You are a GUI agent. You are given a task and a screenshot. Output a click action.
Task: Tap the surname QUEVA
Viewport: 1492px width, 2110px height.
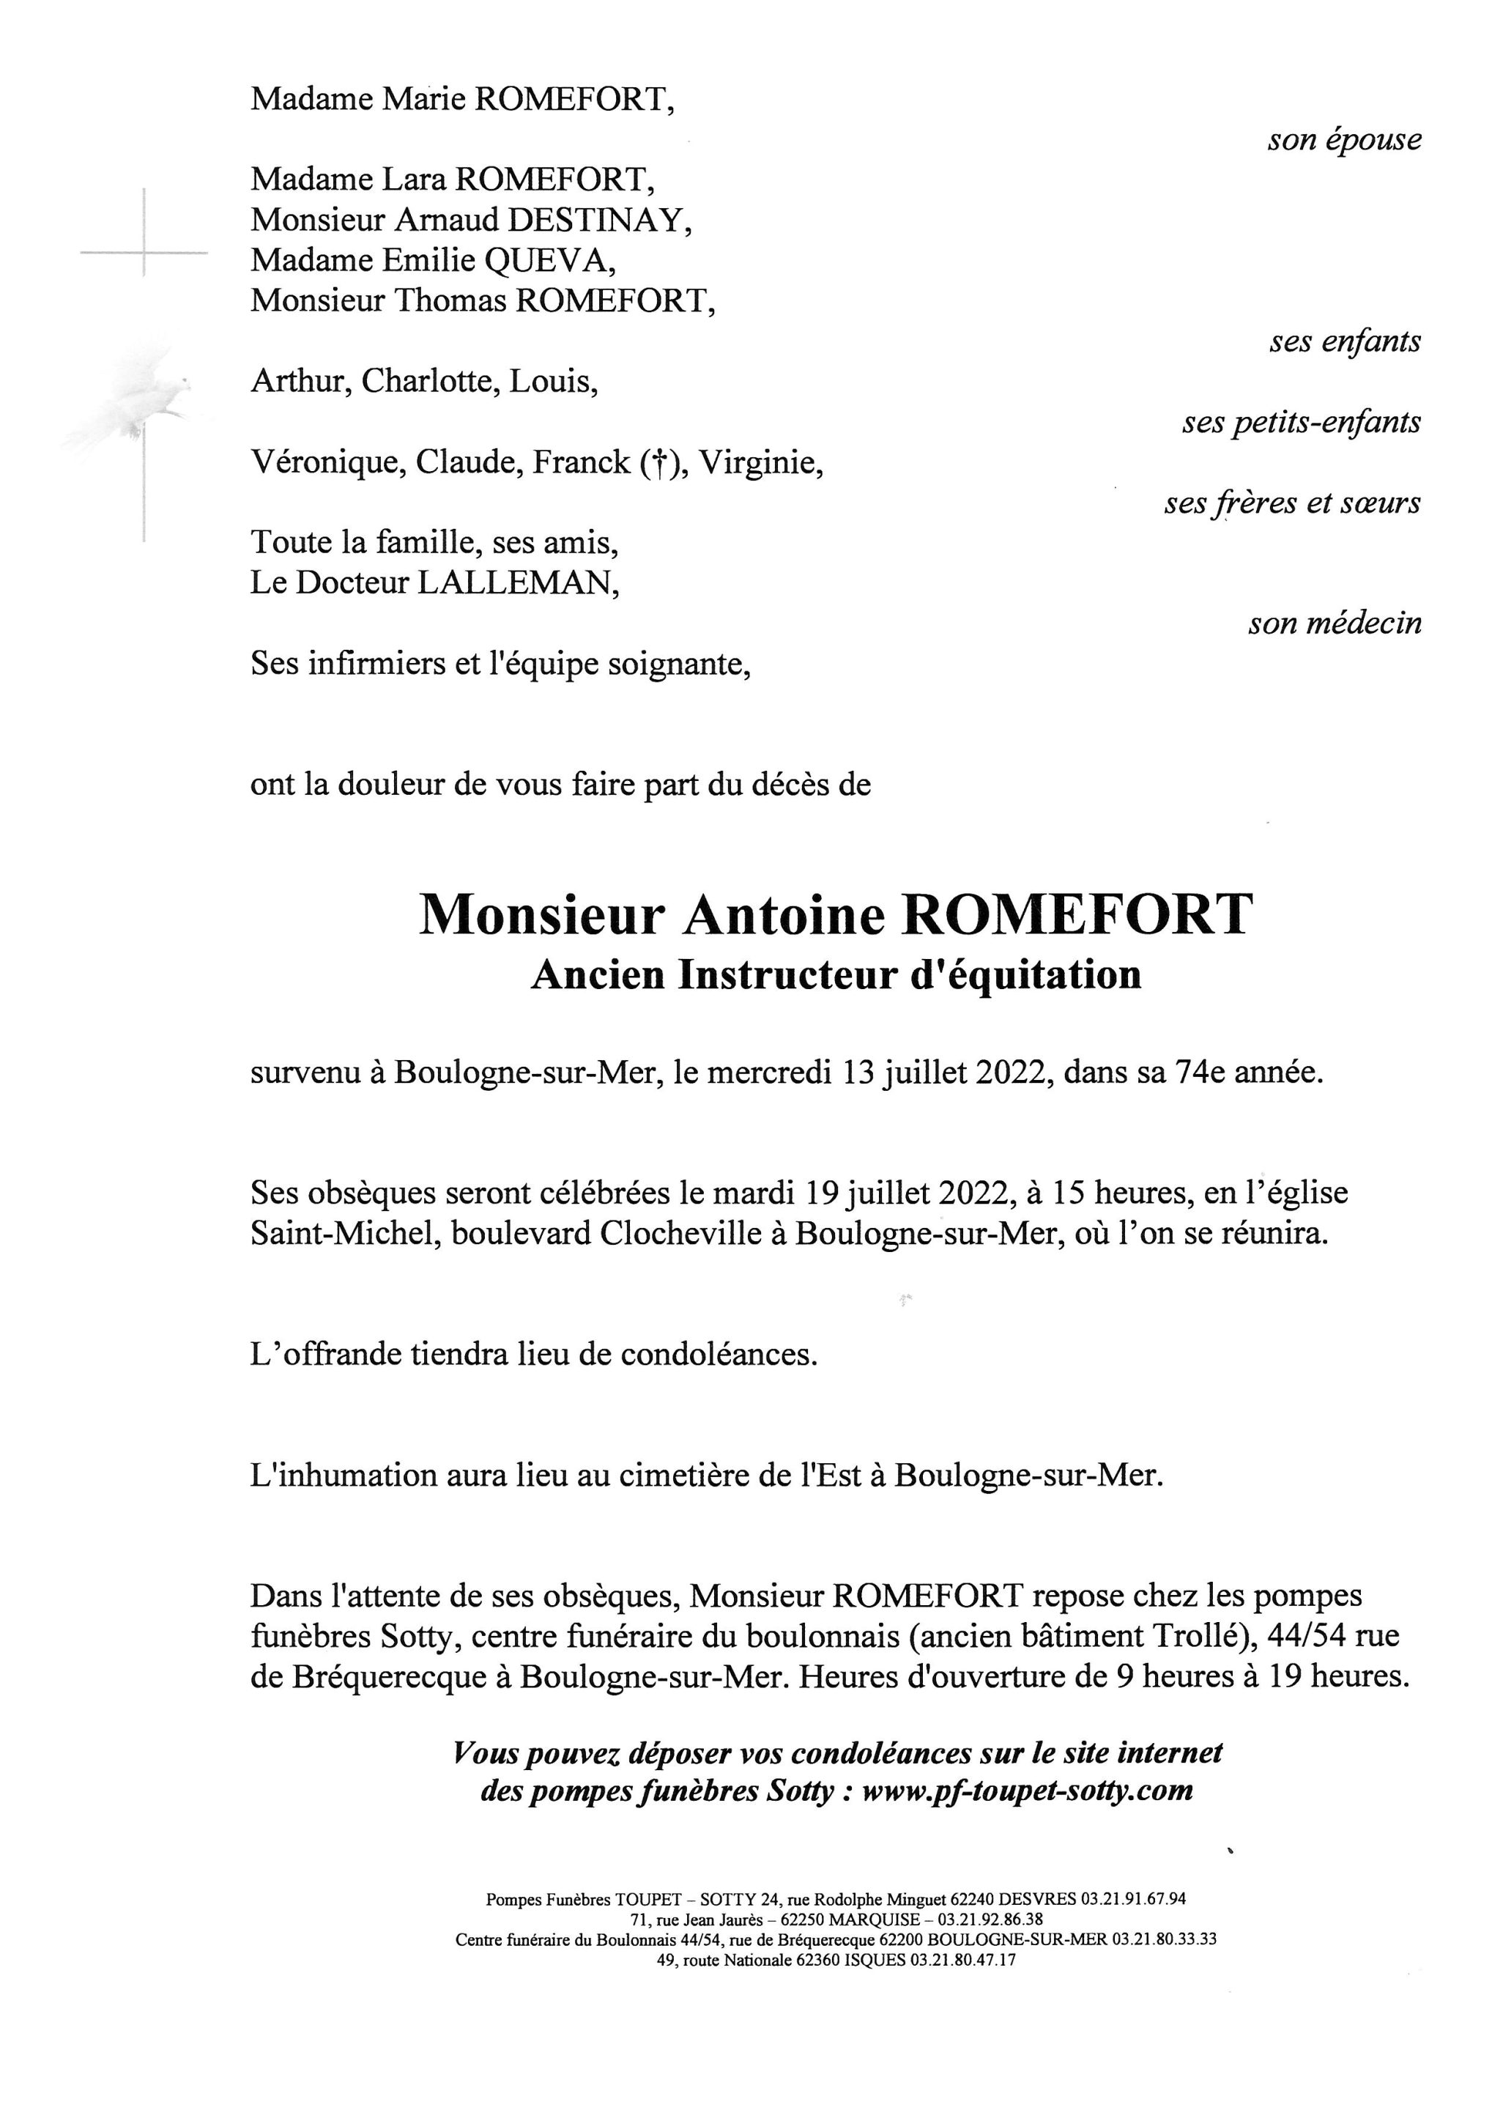549,261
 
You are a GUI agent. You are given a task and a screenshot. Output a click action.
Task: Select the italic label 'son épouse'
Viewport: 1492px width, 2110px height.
1344,141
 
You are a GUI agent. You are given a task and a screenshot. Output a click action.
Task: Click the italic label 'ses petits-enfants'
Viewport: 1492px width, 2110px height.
1301,423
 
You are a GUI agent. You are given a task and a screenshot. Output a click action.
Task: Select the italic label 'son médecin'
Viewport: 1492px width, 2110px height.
1334,624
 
